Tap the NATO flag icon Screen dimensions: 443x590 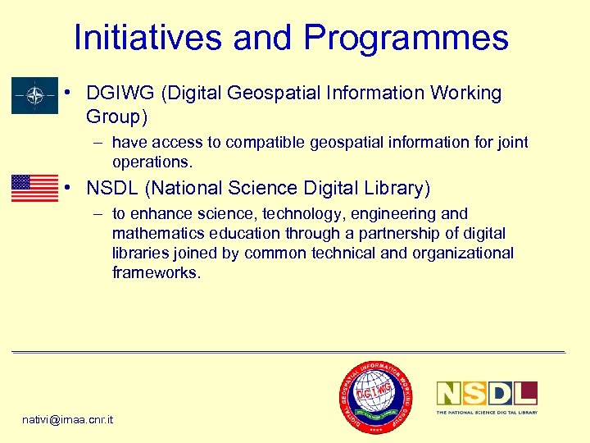coord(34,96)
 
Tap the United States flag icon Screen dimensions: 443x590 coord(34,188)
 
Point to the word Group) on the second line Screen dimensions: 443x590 coord(117,117)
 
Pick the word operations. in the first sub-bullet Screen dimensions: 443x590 coord(152,162)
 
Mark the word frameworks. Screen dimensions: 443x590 coord(156,273)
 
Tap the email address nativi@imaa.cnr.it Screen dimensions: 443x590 coord(68,419)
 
